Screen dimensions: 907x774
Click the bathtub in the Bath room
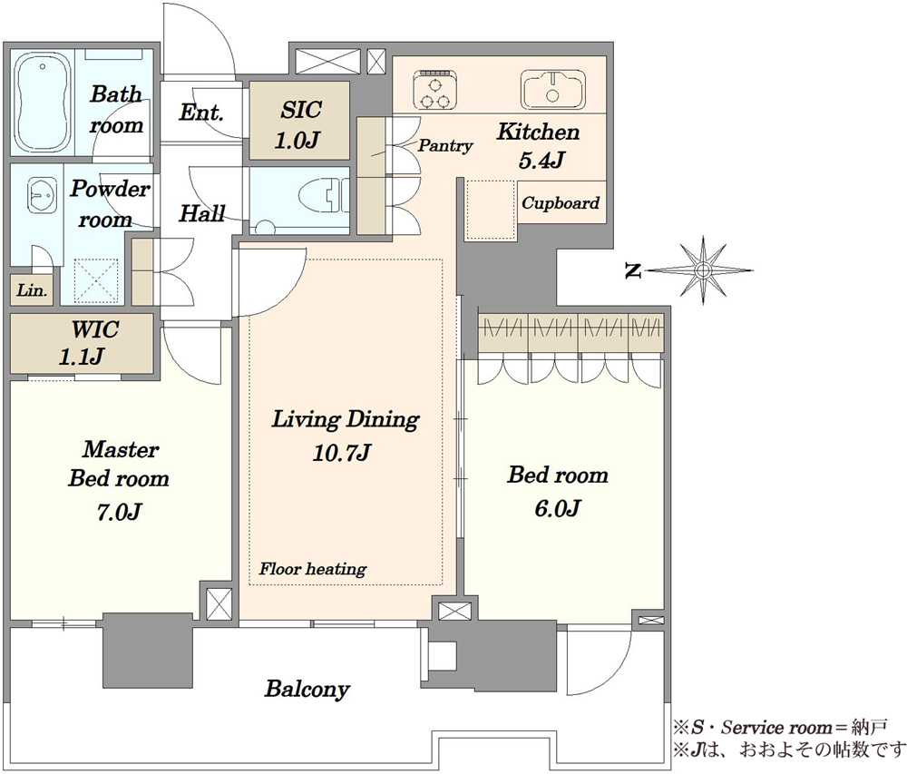click(43, 103)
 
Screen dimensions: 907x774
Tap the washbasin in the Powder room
click(42, 195)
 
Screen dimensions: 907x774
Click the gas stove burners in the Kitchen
click(435, 90)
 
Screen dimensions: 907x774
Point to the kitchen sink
click(552, 89)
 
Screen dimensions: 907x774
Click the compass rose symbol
click(703, 270)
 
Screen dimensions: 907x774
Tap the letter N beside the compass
click(633, 270)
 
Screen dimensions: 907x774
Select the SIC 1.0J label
click(299, 125)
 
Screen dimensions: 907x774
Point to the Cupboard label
click(561, 203)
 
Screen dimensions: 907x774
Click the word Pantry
click(444, 145)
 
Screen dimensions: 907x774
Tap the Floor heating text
click(313, 569)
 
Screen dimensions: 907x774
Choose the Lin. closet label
click(31, 289)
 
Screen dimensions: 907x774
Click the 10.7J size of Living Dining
click(341, 453)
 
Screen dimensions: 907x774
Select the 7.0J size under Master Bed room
click(119, 512)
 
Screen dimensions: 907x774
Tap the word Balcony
click(307, 689)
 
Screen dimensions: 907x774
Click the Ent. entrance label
click(200, 113)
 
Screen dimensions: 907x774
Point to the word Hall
click(202, 213)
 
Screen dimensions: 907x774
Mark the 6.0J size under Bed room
click(557, 508)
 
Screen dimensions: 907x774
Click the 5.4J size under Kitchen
click(541, 161)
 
